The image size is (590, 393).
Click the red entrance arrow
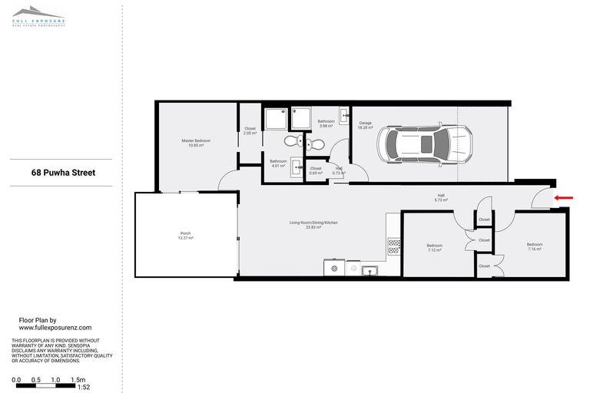563,198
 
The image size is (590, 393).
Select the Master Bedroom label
196,143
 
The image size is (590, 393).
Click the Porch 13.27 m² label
185,236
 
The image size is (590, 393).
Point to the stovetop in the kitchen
394,246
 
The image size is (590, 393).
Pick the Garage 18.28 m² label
366,125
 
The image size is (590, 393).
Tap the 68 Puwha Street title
64,173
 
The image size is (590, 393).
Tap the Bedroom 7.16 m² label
535,247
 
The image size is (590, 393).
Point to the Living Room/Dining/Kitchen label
313,225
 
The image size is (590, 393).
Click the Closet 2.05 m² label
250,131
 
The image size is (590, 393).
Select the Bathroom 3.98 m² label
326,124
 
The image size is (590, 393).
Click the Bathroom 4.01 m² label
277,163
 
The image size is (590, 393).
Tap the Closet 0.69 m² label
316,170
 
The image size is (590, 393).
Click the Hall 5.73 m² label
441,198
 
